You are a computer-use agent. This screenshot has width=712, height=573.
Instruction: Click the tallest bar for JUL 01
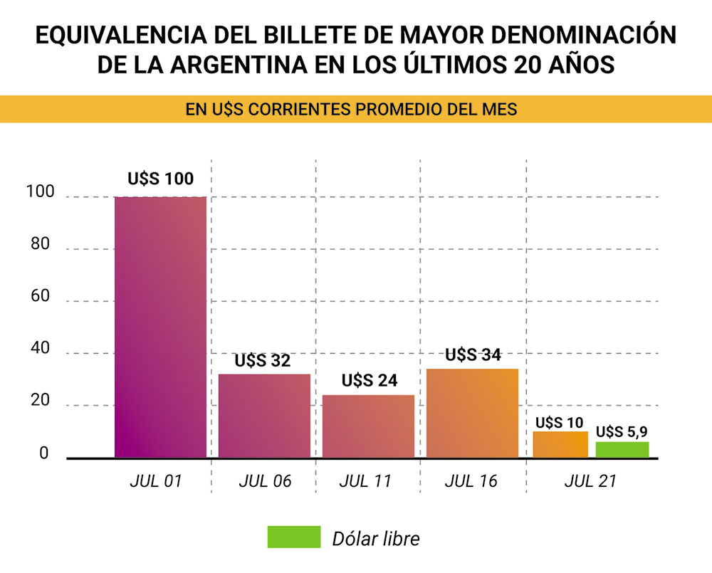pyautogui.click(x=160, y=327)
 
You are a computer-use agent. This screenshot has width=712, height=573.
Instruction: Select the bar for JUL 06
pyautogui.click(x=264, y=416)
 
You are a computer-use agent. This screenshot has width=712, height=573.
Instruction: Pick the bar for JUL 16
pyautogui.click(x=472, y=413)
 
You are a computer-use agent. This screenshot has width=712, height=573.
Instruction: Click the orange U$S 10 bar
pyautogui.click(x=560, y=444)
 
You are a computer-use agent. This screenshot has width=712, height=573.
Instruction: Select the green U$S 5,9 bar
pyautogui.click(x=622, y=449)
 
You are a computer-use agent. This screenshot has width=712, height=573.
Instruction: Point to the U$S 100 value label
pyautogui.click(x=160, y=179)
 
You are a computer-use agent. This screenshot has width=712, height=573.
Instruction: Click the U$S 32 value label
pyautogui.click(x=263, y=361)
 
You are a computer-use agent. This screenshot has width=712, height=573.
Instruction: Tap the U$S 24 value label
pyautogui.click(x=368, y=381)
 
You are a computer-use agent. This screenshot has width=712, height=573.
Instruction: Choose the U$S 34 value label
pyautogui.click(x=473, y=354)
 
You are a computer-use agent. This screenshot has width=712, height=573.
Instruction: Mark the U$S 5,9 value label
pyautogui.click(x=622, y=431)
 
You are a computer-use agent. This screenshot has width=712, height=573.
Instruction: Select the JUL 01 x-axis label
pyautogui.click(x=156, y=481)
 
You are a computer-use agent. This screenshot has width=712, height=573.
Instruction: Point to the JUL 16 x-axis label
pyautogui.click(x=471, y=481)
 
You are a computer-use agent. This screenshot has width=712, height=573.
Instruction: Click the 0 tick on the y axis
pyautogui.click(x=44, y=453)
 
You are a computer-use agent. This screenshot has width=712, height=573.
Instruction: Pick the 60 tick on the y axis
pyautogui.click(x=39, y=297)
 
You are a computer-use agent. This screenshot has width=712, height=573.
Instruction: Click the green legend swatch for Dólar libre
pyautogui.click(x=293, y=537)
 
